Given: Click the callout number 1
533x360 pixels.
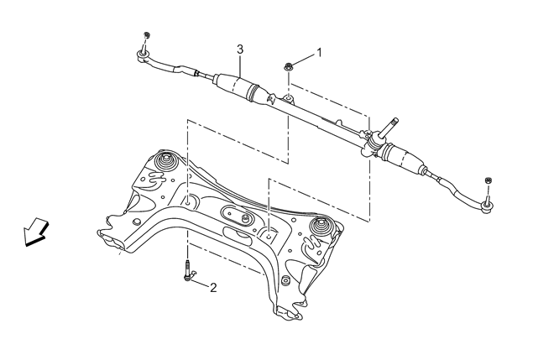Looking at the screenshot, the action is pos(319,53).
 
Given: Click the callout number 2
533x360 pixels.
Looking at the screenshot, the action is pos(213,288).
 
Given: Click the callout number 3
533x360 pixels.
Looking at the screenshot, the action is pos(240,50).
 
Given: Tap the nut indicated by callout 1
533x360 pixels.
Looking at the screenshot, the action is pos(288,66).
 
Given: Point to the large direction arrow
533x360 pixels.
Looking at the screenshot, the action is pos(35,231).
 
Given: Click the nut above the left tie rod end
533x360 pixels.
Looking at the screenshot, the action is pos(147,35).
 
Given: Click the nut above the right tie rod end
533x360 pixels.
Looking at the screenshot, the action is pos(489,180).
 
